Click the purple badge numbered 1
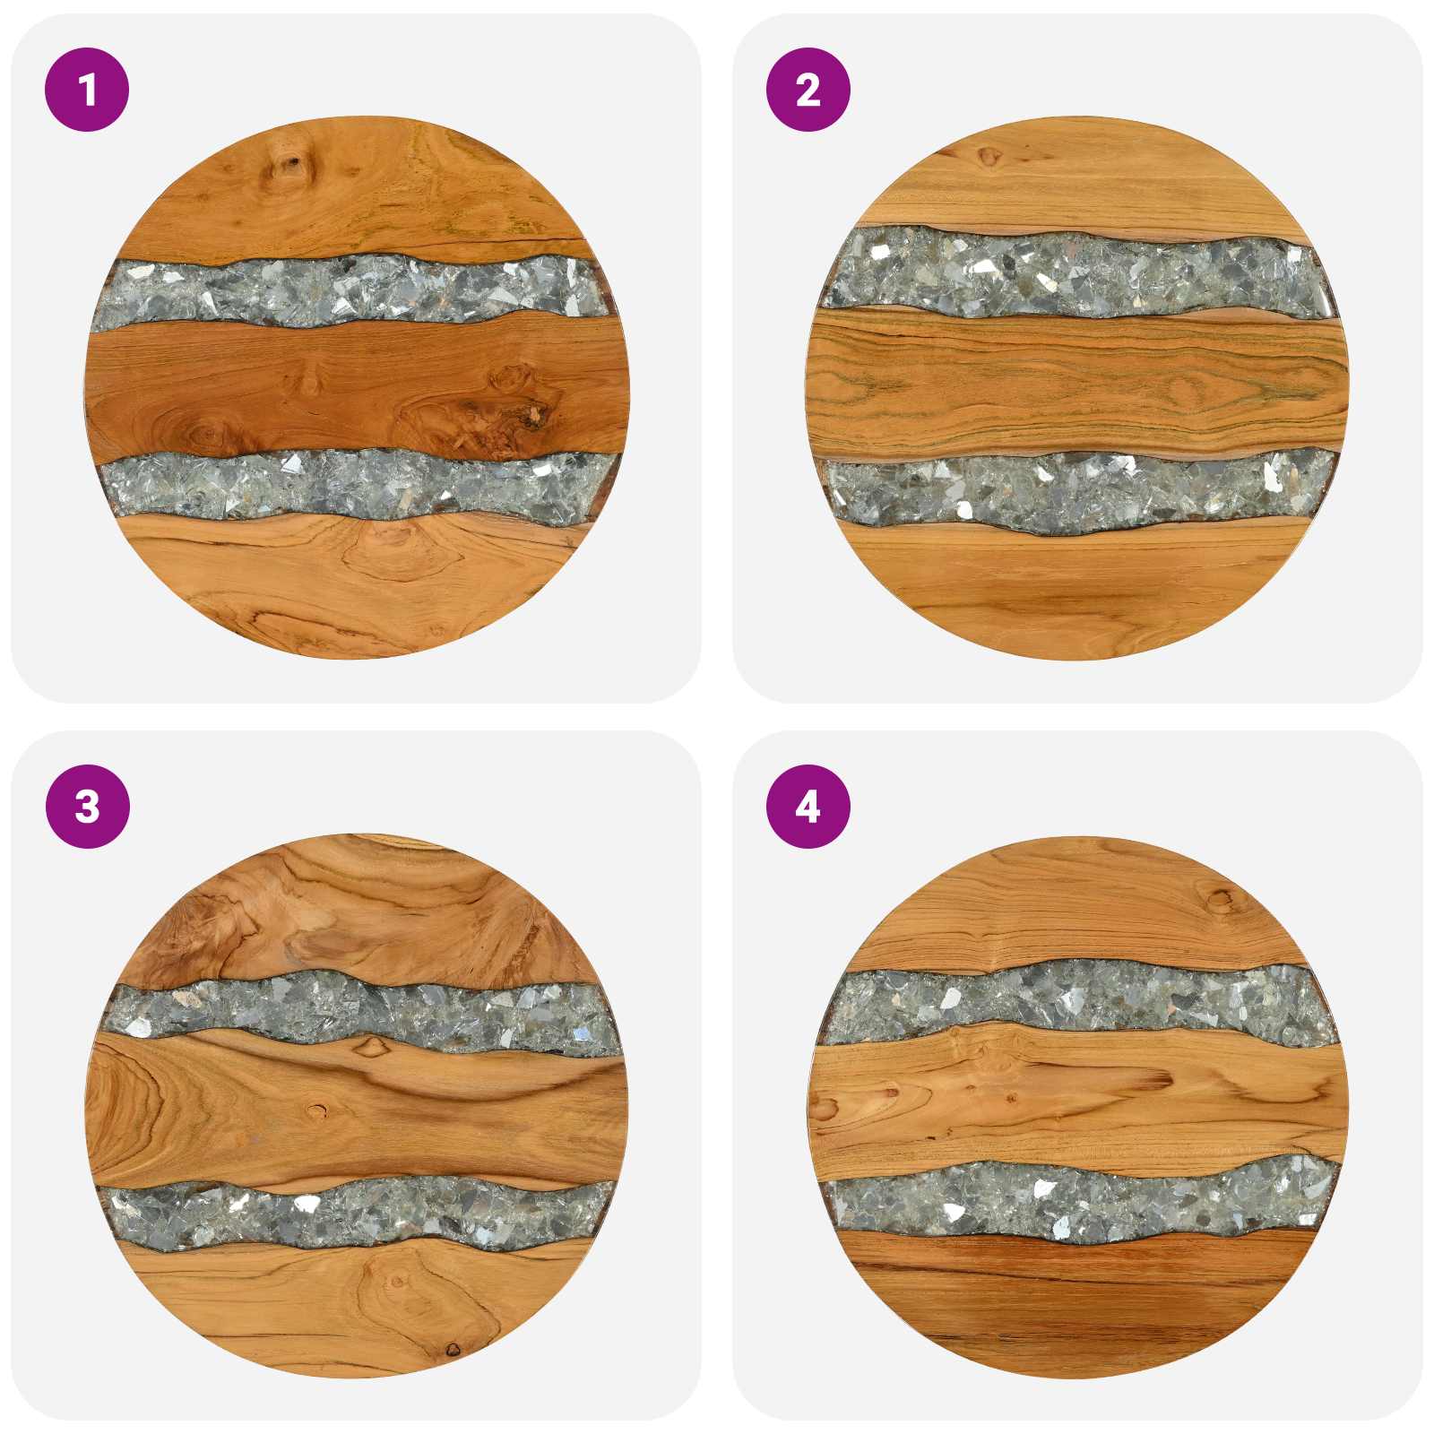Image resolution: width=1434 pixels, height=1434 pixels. click(87, 90)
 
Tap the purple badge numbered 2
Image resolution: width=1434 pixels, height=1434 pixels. click(808, 90)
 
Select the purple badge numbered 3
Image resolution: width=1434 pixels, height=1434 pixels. click(87, 807)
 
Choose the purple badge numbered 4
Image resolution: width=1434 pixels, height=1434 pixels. click(808, 807)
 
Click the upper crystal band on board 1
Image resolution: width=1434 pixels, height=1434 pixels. click(354, 291)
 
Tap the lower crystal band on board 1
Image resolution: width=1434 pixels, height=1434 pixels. click(358, 486)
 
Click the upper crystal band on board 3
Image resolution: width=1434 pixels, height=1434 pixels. click(358, 1011)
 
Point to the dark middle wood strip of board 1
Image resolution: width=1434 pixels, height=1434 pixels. click(357, 391)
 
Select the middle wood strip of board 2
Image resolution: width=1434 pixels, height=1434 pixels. click(1077, 385)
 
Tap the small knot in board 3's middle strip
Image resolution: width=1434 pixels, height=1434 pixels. click(315, 1112)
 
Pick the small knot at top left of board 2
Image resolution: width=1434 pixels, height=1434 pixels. click(989, 157)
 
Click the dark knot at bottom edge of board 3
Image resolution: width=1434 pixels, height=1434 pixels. click(453, 1350)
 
